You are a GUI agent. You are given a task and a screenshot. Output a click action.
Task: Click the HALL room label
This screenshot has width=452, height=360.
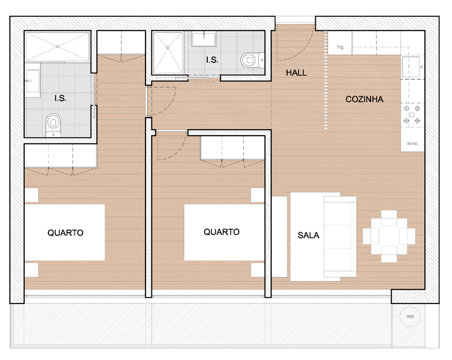click(296, 73)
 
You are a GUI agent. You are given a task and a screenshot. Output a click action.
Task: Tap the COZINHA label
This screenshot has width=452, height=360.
click(364, 99)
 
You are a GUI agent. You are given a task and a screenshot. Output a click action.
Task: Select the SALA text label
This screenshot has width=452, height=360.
click(308, 235)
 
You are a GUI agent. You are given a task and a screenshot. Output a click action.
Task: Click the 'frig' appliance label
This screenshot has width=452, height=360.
click(340, 47)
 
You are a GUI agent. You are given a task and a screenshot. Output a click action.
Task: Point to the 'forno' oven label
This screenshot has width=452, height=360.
click(412, 143)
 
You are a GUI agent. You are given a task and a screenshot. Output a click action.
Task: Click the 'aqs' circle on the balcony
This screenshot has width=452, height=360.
click(410, 316)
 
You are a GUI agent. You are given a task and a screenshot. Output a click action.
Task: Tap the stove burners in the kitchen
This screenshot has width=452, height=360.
click(412, 115)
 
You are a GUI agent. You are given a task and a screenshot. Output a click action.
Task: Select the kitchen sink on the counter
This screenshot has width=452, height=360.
click(411, 67)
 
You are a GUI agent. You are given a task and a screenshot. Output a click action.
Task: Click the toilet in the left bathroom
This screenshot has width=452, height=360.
click(53, 125)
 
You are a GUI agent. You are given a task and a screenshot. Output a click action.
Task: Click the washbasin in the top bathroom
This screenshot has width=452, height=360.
click(204, 39)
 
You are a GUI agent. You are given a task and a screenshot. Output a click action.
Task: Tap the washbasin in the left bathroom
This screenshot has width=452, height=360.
click(32, 81)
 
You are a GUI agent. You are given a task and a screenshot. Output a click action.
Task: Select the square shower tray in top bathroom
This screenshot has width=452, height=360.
click(168, 53)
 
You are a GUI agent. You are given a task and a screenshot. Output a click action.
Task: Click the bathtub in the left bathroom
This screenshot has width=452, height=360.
click(58, 46)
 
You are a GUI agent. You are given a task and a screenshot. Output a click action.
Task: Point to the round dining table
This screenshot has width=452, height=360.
click(389, 236)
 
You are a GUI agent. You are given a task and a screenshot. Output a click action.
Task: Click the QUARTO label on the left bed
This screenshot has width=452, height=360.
click(65, 232)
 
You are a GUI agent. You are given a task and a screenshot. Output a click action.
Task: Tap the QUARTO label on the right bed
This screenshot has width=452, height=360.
click(222, 232)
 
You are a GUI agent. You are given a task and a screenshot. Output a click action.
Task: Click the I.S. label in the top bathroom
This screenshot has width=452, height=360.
click(212, 60)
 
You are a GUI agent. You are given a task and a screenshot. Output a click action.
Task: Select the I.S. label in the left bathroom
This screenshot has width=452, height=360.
click(60, 98)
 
